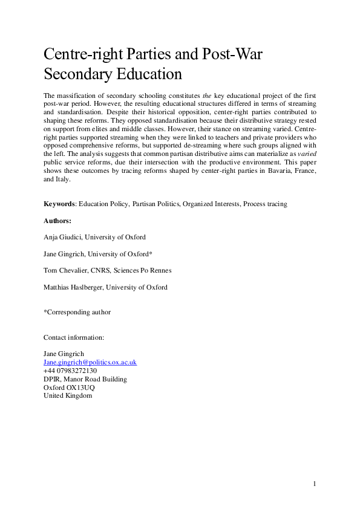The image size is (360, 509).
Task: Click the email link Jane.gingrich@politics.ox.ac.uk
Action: [x=90, y=362]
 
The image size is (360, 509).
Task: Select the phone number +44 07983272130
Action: [x=70, y=371]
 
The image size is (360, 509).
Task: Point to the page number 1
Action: [x=315, y=484]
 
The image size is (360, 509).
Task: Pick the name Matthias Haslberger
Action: [x=73, y=288]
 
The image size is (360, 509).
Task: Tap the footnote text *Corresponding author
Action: [x=77, y=313]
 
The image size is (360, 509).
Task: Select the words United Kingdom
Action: [x=68, y=395]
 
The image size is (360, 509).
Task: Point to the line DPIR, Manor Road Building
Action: [x=85, y=379]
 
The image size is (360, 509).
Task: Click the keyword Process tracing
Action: [x=265, y=204]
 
